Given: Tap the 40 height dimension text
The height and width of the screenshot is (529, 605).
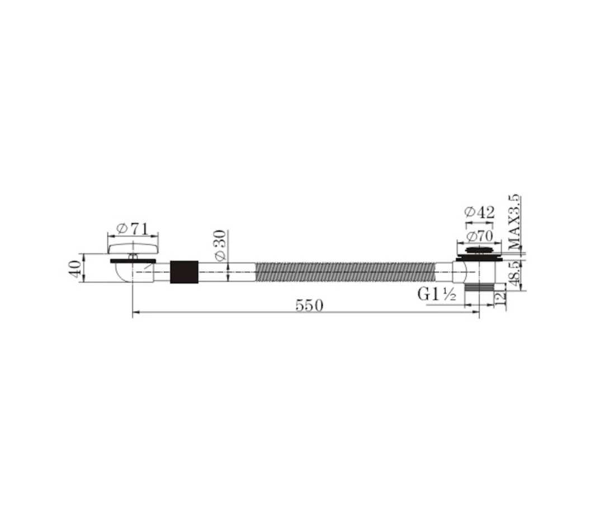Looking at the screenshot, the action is pyautogui.click(x=75, y=268).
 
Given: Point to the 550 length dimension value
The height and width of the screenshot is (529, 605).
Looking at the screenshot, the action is pyautogui.click(x=309, y=305).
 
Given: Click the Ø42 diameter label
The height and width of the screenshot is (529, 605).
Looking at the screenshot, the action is pyautogui.click(x=480, y=212).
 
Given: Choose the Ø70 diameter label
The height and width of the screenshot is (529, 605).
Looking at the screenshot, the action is pyautogui.click(x=479, y=236).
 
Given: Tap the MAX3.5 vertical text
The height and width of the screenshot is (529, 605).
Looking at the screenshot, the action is pyautogui.click(x=515, y=222).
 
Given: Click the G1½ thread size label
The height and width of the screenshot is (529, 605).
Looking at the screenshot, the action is pyautogui.click(x=437, y=294).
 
